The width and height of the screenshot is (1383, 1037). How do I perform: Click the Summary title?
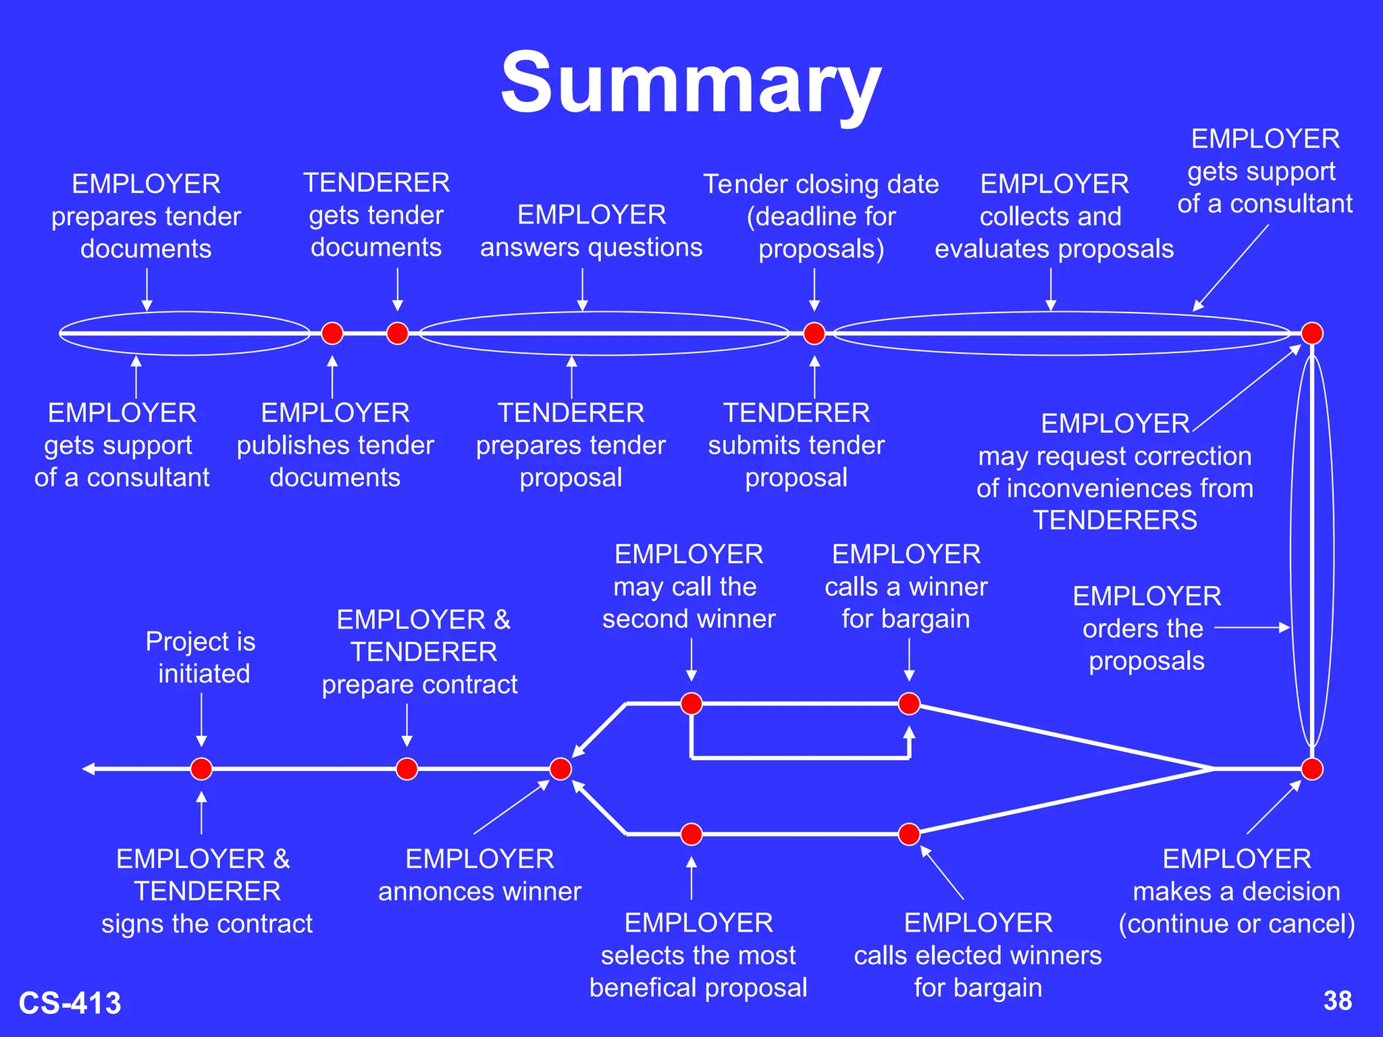point(691,82)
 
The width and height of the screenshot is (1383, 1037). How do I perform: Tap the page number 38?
point(1337,1001)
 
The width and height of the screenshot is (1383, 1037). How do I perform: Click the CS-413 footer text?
point(70,1003)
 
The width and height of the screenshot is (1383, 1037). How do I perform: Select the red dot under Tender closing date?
point(814,333)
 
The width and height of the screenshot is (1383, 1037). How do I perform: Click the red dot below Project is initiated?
point(201,768)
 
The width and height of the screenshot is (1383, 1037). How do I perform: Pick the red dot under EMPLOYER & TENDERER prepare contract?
point(407,768)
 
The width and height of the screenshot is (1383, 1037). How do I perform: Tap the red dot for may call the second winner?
point(691,703)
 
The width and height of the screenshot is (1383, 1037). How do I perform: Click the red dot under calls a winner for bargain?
point(909,703)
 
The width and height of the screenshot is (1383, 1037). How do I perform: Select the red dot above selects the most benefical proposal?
point(691,834)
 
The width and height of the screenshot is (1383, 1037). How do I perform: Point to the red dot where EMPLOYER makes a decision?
point(1311,768)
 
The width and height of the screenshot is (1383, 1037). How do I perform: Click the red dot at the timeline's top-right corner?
point(1311,333)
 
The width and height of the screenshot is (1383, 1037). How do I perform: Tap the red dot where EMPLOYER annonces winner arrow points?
point(560,768)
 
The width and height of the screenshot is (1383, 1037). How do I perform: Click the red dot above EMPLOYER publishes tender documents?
point(332,333)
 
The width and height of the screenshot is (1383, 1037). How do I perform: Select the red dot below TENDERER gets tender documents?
point(398,333)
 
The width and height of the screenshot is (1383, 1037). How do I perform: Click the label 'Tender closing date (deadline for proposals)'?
point(821,217)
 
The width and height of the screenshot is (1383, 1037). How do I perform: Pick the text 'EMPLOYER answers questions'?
point(592,232)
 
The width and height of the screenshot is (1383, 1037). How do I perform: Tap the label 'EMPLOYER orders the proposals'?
point(1146,629)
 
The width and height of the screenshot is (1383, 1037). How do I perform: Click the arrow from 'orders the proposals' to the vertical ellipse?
point(1252,628)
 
